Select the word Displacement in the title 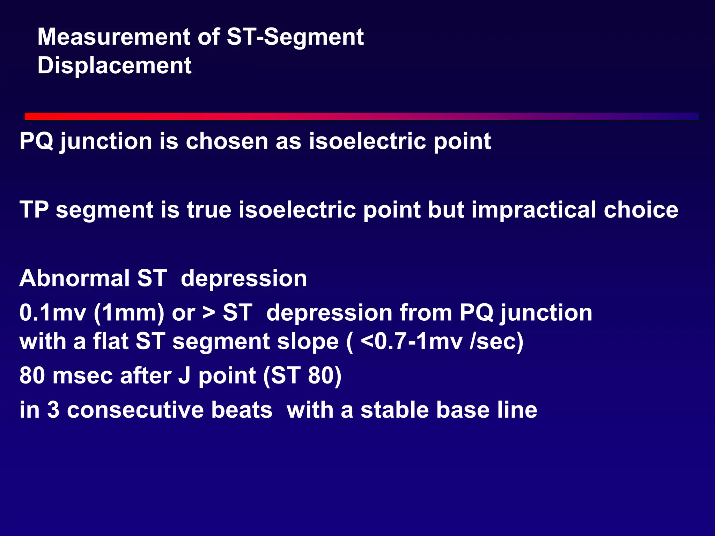[114, 66]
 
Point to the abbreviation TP [34, 210]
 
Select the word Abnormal [74, 278]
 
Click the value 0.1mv [53, 312]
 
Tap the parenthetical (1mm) [129, 312]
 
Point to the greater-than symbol [209, 312]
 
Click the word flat [110, 341]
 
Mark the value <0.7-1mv [412, 341]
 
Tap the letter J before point [184, 376]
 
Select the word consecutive [169, 410]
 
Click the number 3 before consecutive [53, 410]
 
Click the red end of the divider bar [31, 116]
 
